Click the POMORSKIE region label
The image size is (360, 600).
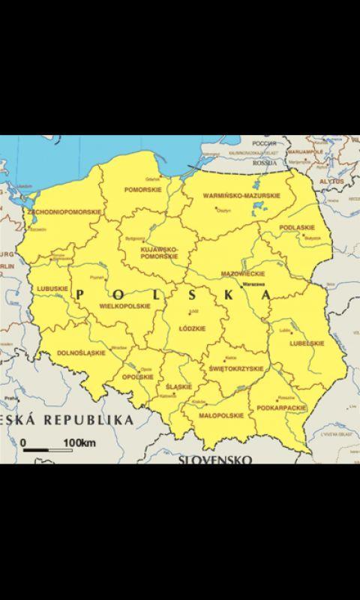click(143, 190)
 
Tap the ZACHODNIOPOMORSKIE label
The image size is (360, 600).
click(64, 212)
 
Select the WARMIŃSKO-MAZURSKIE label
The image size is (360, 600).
click(241, 196)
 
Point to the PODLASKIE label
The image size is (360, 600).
click(297, 227)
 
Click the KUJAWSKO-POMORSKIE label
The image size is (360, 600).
click(159, 253)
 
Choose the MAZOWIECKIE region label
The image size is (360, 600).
click(243, 274)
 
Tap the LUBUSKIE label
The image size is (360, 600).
click(52, 288)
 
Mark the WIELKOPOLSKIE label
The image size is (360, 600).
click(124, 306)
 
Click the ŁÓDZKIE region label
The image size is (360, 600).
click(193, 328)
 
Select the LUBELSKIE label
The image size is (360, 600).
click(307, 343)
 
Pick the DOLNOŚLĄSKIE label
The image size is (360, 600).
click(82, 352)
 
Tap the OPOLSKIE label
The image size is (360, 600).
click(137, 376)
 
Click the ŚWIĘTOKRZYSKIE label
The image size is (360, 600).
click(236, 369)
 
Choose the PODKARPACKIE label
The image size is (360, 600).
click(281, 407)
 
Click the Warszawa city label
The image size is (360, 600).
click(253, 285)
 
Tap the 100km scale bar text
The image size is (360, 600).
click(79, 443)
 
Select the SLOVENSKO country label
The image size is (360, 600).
click(214, 459)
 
